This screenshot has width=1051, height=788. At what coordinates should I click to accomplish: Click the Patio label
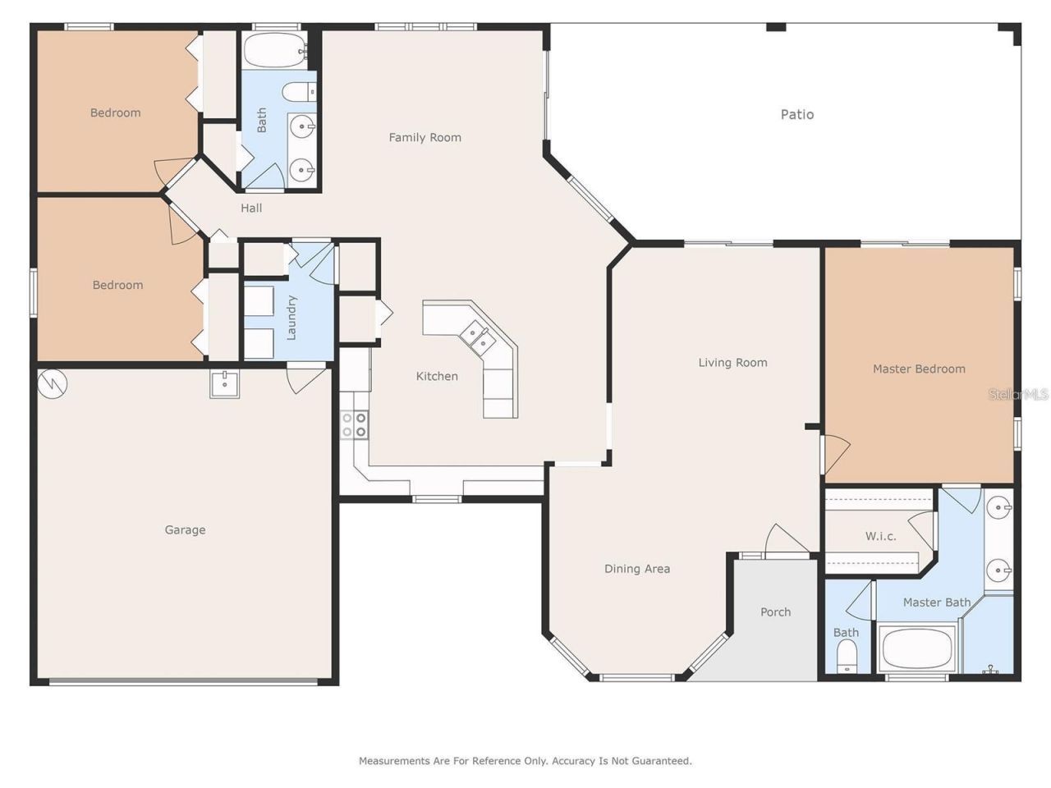pos(796,115)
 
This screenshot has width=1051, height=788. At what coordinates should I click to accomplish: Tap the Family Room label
pos(425,138)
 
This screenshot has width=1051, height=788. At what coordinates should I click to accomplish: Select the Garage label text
pos(185,530)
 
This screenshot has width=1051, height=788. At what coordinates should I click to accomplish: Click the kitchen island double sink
pos(477,334)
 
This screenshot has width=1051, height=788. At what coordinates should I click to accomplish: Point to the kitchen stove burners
pos(354,424)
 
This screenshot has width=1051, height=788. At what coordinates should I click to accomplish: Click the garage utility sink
pos(224,383)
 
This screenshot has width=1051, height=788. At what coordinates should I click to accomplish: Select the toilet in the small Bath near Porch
pos(846,656)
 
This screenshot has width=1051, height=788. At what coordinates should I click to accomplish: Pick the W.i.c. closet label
pos(880,537)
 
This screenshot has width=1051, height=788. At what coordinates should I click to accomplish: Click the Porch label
pos(775,612)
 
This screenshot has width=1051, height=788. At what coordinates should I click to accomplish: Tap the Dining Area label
pos(637,569)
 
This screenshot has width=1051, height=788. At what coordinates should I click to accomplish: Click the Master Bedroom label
pos(919,369)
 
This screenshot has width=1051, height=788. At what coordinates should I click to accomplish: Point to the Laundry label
pos(291,318)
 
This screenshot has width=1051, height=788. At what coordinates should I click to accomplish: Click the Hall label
pos(251,208)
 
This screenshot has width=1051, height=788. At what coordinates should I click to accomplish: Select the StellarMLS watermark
pos(1018,395)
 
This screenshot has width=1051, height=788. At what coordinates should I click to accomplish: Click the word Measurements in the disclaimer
pos(394,761)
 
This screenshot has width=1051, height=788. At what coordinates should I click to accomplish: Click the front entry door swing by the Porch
pos(784,539)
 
